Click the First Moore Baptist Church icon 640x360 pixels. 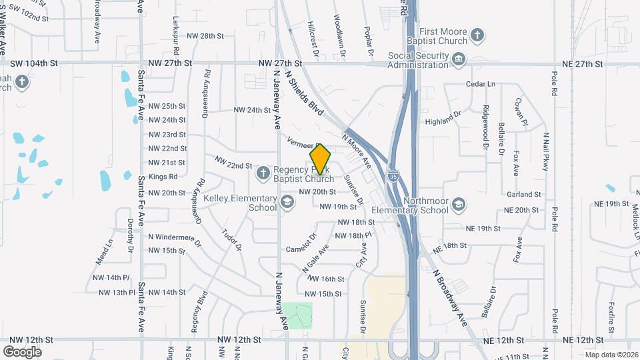coord(477,34)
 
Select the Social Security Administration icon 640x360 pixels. coord(459,61)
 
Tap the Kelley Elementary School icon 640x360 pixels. coord(287,203)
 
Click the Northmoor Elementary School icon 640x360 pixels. coord(458,204)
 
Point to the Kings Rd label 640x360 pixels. coord(163,177)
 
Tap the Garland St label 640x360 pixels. coord(523,194)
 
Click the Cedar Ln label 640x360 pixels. coord(481,84)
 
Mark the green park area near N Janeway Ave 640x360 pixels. coord(297,315)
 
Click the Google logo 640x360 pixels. coord(22,351)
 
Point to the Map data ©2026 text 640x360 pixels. coord(611,355)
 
